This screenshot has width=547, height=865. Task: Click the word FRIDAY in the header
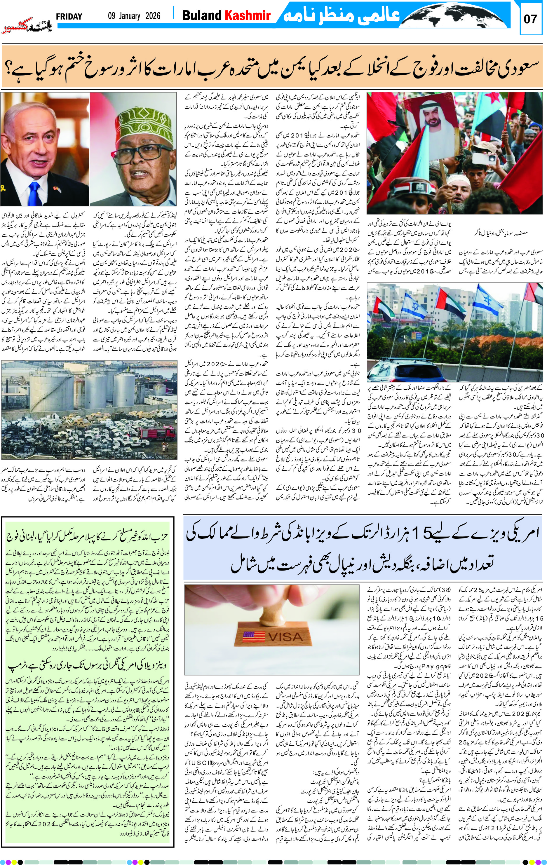click(69, 17)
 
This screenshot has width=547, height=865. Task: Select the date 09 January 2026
click(134, 16)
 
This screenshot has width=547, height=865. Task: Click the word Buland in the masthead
click(202, 15)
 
